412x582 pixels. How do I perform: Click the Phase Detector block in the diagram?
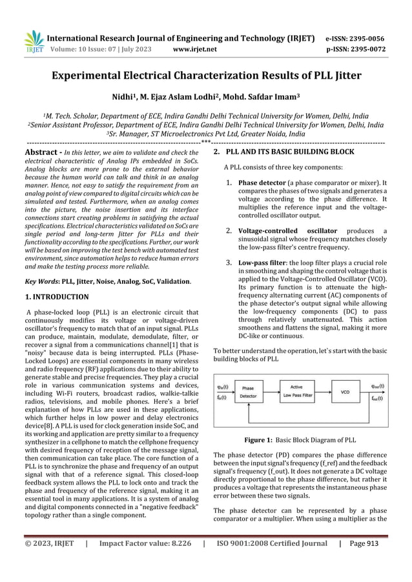pos(248,392)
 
